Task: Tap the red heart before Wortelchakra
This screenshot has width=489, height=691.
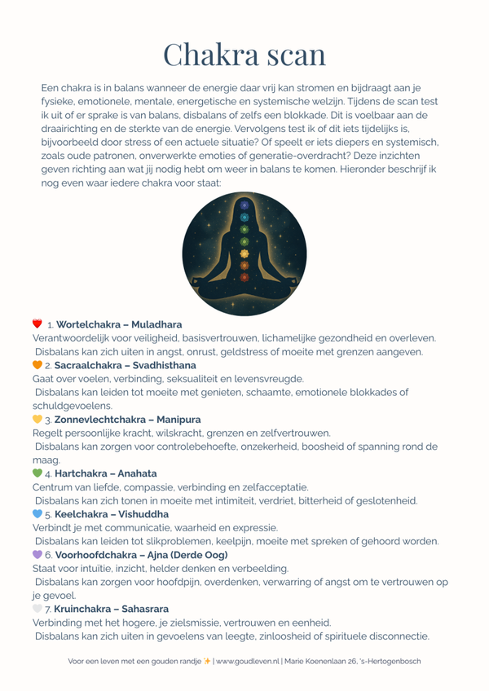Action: (37, 324)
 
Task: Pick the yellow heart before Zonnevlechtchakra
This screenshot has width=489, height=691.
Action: (37, 418)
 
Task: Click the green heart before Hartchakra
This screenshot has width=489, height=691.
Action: (37, 473)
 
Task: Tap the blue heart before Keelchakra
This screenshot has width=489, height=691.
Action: (37, 514)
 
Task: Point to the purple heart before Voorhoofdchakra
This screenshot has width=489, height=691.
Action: (37, 554)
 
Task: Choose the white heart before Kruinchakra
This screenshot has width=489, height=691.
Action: (37, 608)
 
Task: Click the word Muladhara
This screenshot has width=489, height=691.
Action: (154, 324)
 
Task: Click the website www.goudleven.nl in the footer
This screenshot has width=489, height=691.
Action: (249, 661)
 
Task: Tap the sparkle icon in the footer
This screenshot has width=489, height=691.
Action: (207, 661)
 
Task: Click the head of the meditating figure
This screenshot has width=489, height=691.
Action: (244, 209)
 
